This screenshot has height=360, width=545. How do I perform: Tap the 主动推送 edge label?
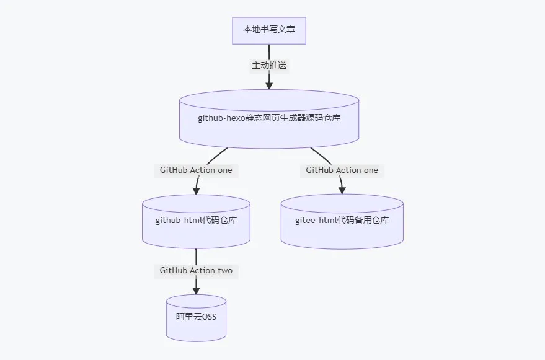coord(269,65)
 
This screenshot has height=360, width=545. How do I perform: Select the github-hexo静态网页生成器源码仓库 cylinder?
coord(269,119)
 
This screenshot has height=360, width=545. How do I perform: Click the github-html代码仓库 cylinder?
coord(196,221)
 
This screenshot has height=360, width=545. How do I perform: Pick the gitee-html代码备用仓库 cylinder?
coord(342,221)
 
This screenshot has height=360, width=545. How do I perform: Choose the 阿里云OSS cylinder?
coord(196,318)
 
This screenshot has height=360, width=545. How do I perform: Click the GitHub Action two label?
coord(196,270)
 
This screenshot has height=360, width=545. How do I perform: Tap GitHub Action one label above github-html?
coord(196,170)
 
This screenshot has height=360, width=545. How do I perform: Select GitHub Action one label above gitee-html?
coord(342,170)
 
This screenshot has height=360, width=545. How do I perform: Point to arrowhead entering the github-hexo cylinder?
coord(269,86)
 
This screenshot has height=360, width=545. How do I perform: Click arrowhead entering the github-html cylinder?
coord(197,190)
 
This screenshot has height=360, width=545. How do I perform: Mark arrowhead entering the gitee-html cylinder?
coord(342,190)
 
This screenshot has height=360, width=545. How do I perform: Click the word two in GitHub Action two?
coord(225,270)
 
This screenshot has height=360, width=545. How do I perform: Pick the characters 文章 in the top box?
coord(287,29)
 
